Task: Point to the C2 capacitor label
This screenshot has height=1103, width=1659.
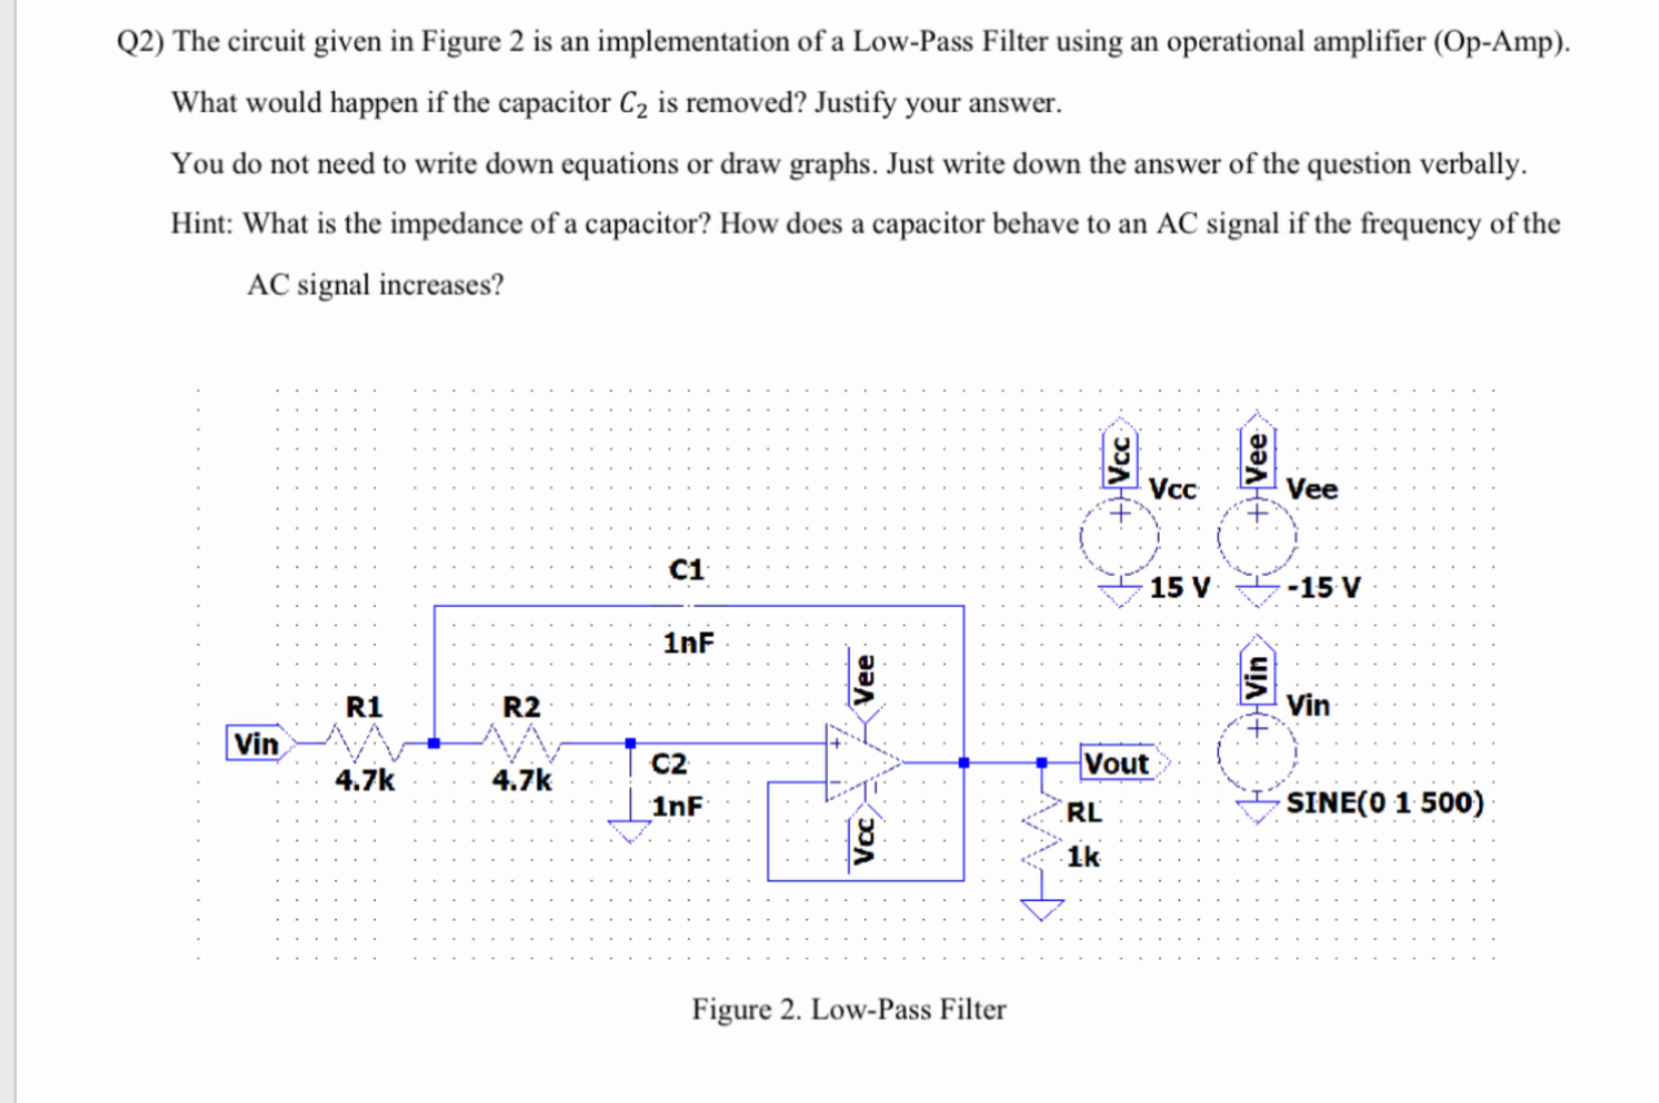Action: (x=668, y=764)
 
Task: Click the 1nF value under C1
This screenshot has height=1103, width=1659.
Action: (x=688, y=643)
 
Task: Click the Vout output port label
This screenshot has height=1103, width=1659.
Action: (x=1117, y=763)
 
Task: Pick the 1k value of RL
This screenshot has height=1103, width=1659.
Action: (x=1083, y=857)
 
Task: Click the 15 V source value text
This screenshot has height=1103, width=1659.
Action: (x=1180, y=588)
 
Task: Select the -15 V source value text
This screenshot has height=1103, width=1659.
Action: (x=1323, y=588)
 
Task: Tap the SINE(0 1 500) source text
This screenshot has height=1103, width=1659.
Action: (x=1385, y=803)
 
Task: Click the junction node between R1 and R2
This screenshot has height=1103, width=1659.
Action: (x=434, y=743)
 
